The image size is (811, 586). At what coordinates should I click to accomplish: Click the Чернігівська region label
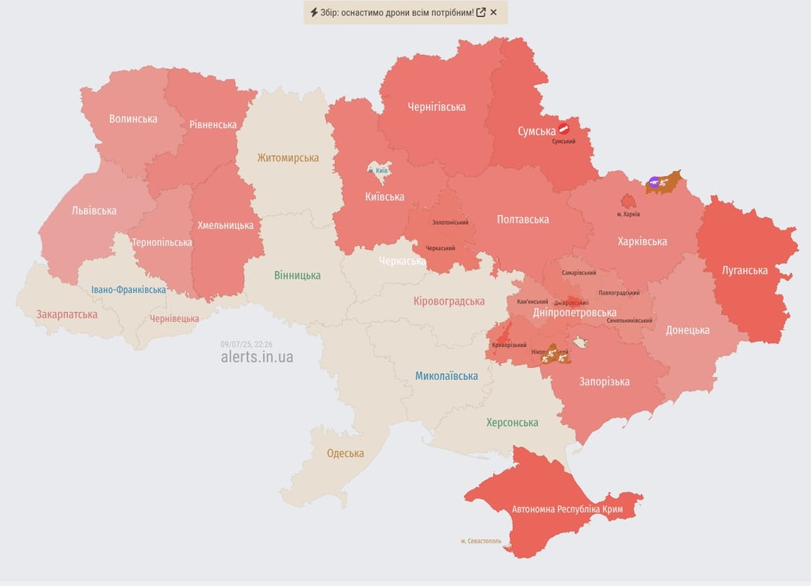(436, 107)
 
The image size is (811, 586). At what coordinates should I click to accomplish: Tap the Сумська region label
(536, 131)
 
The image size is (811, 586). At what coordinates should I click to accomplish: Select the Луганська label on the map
(745, 270)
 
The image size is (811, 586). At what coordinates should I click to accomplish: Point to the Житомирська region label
(288, 158)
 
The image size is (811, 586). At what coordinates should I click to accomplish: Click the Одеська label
(345, 453)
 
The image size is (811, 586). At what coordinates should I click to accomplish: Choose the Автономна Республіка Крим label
(567, 509)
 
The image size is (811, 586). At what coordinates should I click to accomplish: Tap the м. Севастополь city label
(481, 541)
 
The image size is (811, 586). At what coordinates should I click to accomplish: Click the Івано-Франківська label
(128, 290)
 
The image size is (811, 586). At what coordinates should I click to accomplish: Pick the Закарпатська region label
(67, 314)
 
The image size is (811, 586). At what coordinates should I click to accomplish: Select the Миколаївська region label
(446, 375)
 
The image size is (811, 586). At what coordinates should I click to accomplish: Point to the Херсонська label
(512, 423)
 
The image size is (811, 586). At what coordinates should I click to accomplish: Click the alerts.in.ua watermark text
(256, 357)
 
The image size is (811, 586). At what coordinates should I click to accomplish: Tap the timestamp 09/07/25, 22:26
(246, 344)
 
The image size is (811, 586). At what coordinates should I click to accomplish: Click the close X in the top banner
(494, 12)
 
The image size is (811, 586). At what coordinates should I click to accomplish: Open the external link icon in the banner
(481, 12)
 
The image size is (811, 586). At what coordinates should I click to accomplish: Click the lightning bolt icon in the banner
(314, 12)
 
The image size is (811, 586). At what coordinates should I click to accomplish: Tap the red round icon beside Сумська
(564, 129)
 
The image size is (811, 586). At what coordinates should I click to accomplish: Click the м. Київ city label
(378, 170)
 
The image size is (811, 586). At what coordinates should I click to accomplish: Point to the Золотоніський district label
(450, 223)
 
